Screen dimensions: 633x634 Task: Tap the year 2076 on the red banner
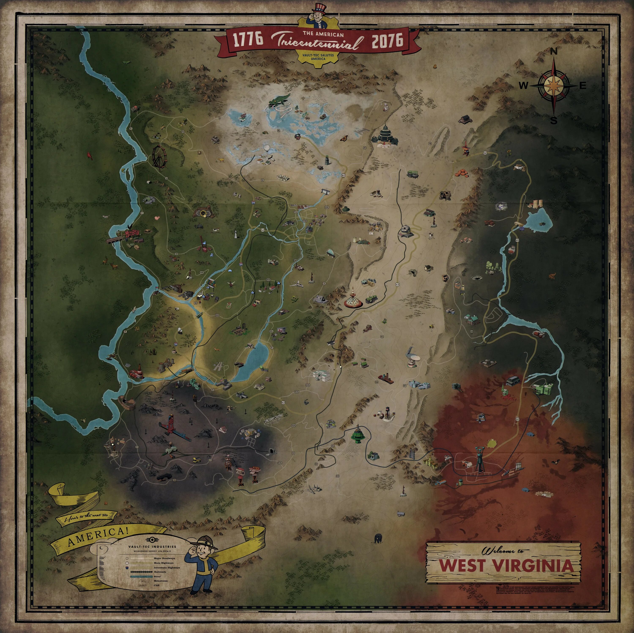tap(387, 40)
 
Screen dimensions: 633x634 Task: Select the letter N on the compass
tap(554, 52)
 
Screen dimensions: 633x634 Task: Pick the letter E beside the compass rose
tap(583, 86)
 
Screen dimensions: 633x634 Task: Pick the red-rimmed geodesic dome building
tap(353, 301)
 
